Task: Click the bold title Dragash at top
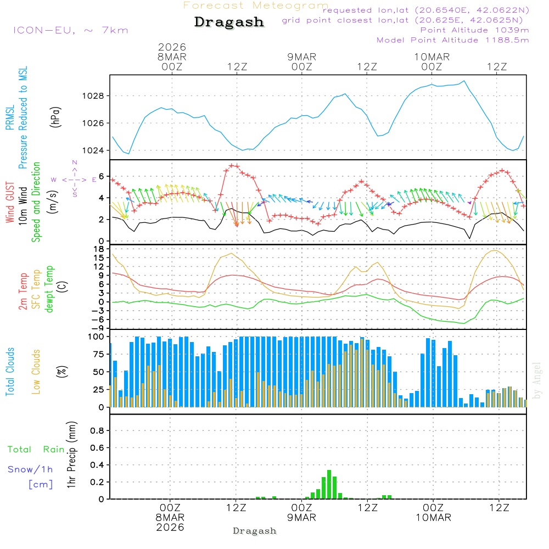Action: pos(229,23)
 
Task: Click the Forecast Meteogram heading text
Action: pos(256,5)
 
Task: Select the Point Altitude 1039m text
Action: pos(474,30)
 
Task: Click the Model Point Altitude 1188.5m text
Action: pos(453,40)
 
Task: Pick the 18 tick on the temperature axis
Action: pos(99,249)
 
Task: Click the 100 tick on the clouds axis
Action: pos(97,336)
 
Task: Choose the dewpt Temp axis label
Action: pos(49,289)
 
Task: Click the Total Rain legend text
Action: pos(36,449)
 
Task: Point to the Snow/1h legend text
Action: pos(30,469)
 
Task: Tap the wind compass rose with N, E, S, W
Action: pos(75,179)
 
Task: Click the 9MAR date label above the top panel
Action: pos(301,57)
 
